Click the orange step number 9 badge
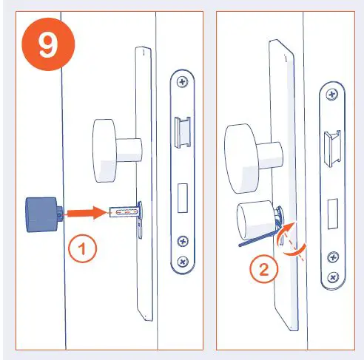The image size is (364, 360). pyautogui.click(x=47, y=45)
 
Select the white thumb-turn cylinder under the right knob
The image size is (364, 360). pyautogui.click(x=254, y=220)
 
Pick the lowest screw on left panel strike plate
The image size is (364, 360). pyautogui.click(x=182, y=260)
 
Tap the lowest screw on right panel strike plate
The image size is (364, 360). pyautogui.click(x=333, y=277)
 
